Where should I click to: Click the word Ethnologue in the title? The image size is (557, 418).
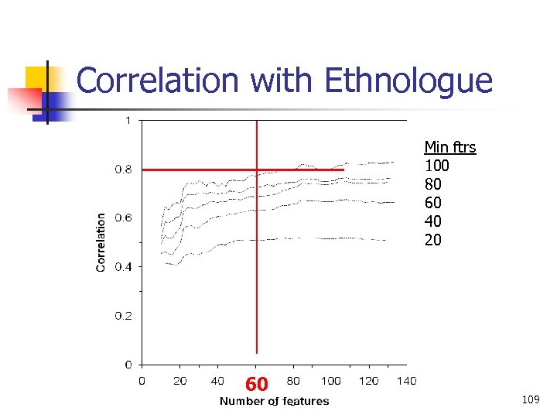click(408, 81)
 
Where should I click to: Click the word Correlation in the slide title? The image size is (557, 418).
click(157, 81)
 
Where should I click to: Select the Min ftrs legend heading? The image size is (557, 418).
click(449, 147)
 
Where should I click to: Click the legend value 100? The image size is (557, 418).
click(436, 166)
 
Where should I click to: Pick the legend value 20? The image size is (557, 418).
click(432, 240)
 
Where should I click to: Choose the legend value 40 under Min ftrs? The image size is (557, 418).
click(432, 221)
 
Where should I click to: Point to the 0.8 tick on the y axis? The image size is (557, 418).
click(124, 169)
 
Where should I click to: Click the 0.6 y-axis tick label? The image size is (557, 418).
click(124, 218)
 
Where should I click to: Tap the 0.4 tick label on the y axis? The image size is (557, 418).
click(124, 266)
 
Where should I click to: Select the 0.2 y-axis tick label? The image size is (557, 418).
click(124, 316)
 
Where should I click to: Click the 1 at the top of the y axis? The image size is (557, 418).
click(128, 120)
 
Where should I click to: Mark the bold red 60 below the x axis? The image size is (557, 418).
click(257, 384)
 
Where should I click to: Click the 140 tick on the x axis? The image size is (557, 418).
click(406, 380)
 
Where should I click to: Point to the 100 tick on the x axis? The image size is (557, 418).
click(330, 380)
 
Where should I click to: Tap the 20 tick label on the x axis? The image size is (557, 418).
click(179, 380)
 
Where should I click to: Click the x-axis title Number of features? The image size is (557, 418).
click(274, 401)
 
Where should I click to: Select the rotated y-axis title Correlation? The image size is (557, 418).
click(101, 242)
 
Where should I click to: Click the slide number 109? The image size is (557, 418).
click(530, 399)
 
